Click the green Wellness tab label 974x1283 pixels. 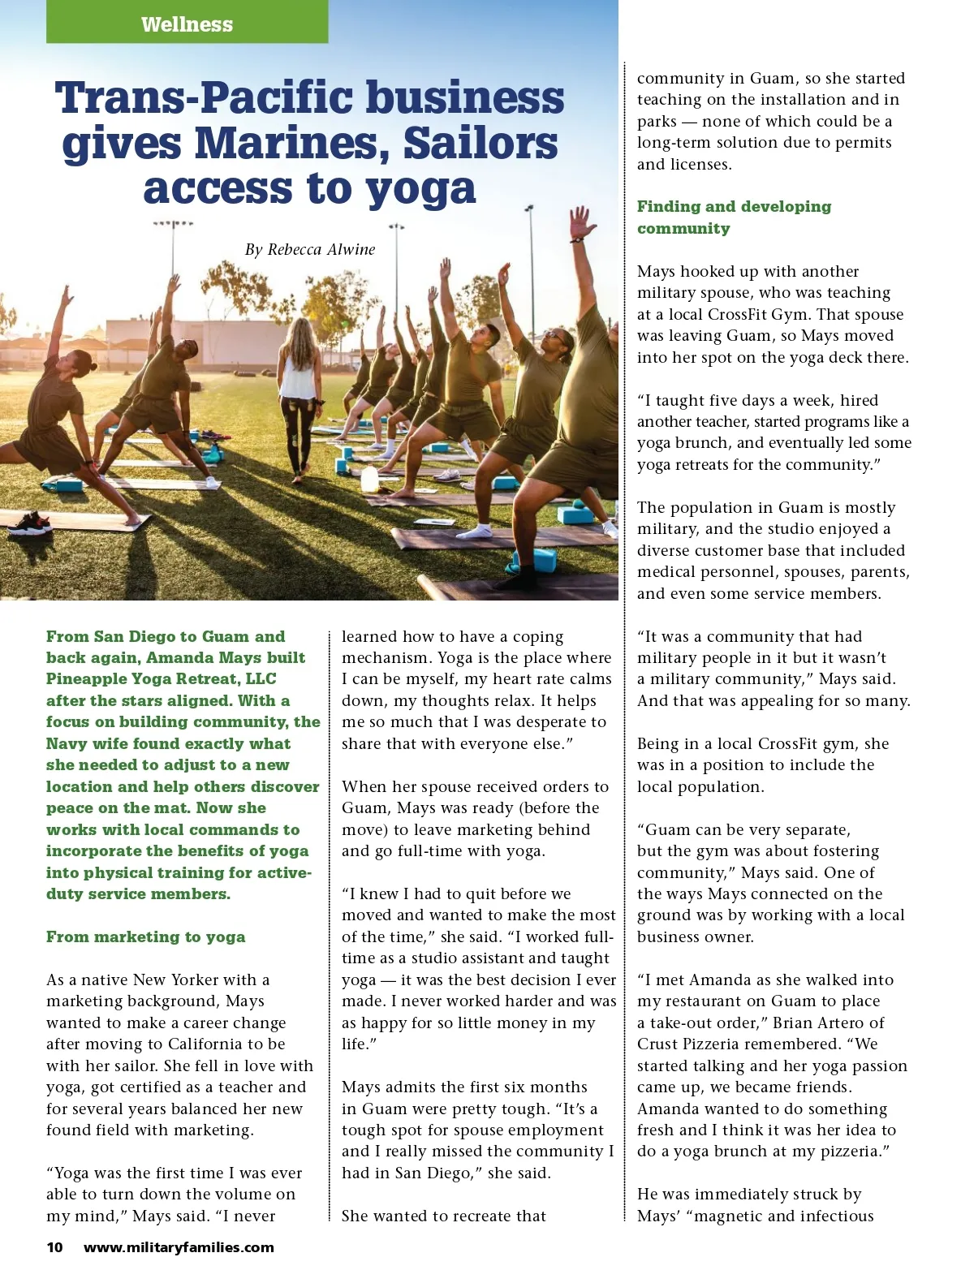(187, 24)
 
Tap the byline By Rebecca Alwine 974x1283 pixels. (309, 249)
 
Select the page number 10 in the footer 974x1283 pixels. (54, 1247)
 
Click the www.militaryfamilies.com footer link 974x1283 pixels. (179, 1247)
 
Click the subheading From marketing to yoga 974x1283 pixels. (145, 936)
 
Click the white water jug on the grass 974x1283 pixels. (369, 478)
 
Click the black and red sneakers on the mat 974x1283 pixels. (30, 523)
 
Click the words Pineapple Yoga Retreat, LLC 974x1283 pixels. (161, 679)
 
